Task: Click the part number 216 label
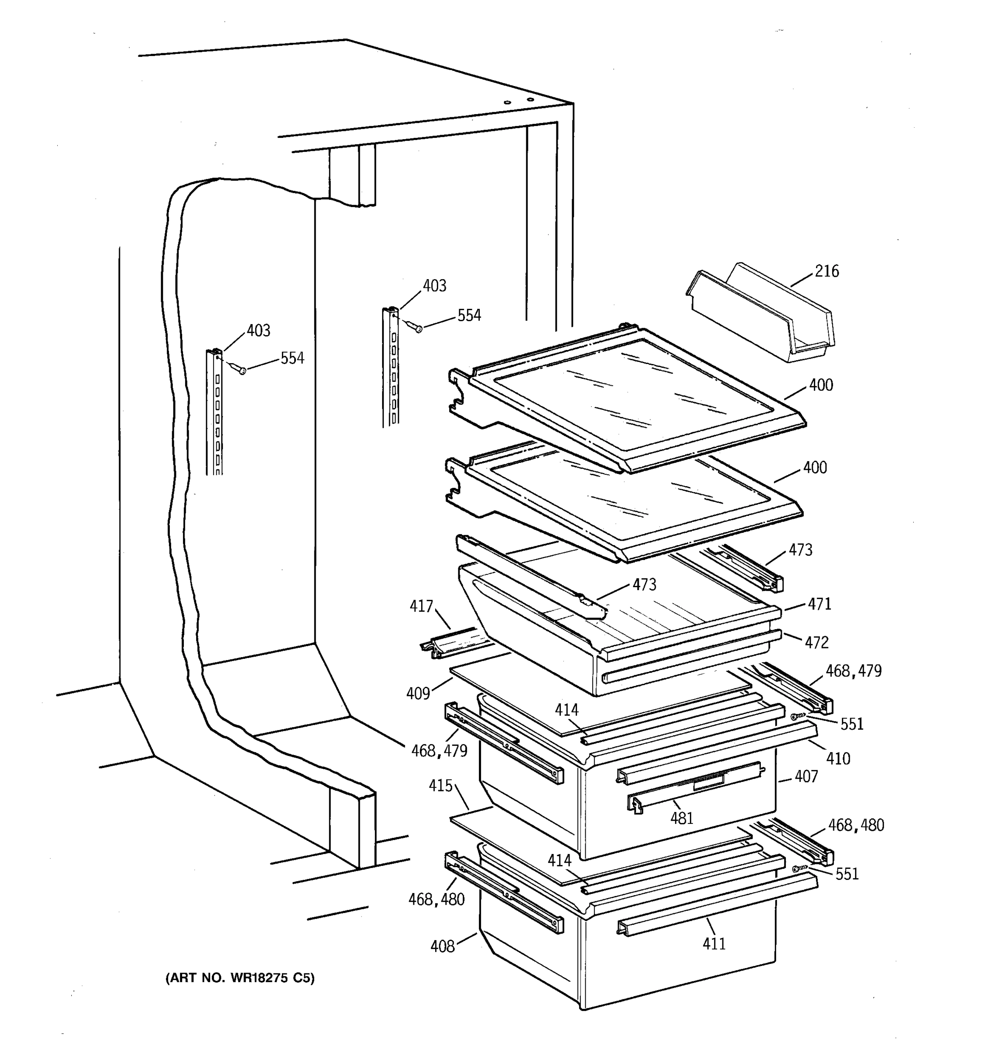827,271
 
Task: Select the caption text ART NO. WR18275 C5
240,978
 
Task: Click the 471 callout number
819,604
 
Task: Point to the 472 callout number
816,642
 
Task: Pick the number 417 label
421,606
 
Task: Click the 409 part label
418,693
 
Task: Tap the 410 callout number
837,759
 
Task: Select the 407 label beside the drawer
806,777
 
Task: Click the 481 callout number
682,818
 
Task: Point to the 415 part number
440,786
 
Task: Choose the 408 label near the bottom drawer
442,946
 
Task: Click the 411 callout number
714,943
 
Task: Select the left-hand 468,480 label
436,899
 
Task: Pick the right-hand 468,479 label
853,671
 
